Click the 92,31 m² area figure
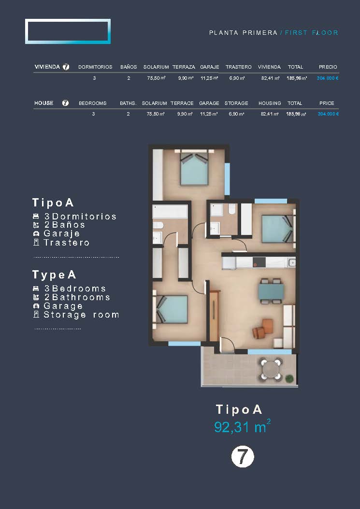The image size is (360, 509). pos(242,426)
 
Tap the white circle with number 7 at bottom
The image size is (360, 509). pos(243,456)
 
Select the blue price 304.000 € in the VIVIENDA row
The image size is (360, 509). pos(328,78)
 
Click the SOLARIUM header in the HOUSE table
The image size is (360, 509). pos(155,103)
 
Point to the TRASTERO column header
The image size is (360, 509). pos(239,67)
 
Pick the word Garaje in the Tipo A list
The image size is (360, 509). pos(62,233)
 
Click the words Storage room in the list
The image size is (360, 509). pos(81,315)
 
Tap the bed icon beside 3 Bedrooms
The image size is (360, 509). pos(36,289)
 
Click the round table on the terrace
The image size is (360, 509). pos(271,369)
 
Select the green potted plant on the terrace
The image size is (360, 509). pos(289,378)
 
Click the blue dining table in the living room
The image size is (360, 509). pos(271,291)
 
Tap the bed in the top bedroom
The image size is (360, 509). pos(194,168)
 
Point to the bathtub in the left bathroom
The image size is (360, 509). pos(170,211)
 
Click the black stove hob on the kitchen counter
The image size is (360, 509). pos(259,262)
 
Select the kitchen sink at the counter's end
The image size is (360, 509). pos(291,262)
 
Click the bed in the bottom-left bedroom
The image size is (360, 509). pos(172,309)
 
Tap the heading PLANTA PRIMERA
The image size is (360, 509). pos(243,33)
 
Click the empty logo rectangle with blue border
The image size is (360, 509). pos(68,31)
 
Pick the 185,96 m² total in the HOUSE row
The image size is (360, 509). pos(296,114)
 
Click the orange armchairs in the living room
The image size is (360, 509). pos(263,329)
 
